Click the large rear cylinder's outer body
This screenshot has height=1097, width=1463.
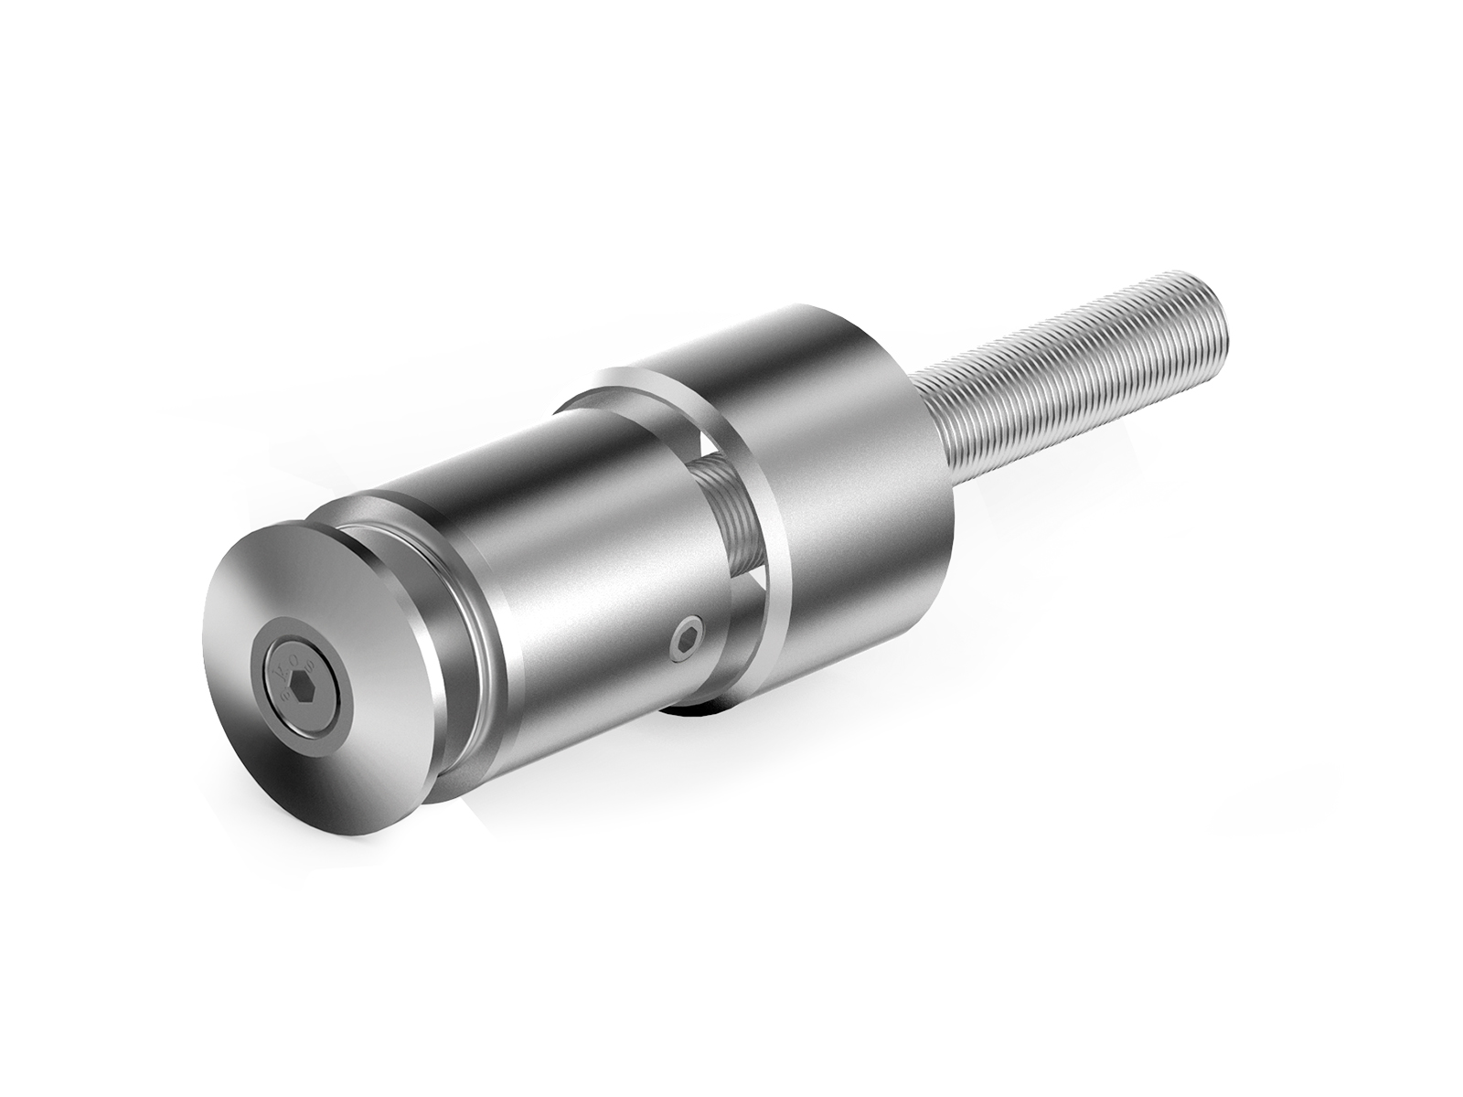pos(850,475)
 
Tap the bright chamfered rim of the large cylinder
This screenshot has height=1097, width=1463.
pos(768,512)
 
